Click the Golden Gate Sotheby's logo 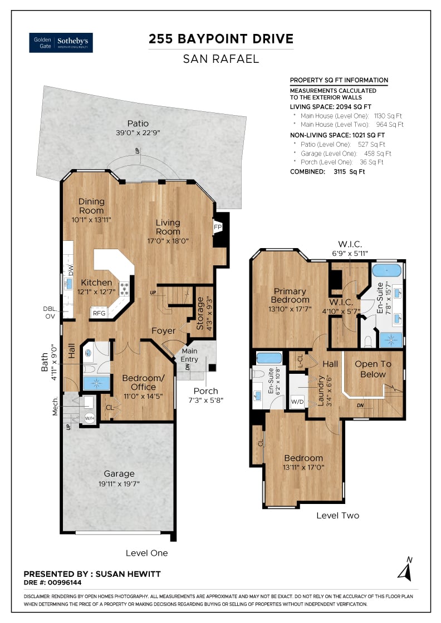(x=61, y=42)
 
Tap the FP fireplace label (x=218, y=228)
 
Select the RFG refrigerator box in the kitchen (x=99, y=313)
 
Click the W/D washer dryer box (x=297, y=402)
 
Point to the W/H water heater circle (x=90, y=418)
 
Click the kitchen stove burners (x=125, y=289)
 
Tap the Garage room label (x=119, y=473)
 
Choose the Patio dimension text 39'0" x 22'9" (x=138, y=133)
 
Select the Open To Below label (x=373, y=369)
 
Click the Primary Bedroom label (x=290, y=295)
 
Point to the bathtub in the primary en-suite (x=386, y=270)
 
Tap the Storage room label (x=200, y=313)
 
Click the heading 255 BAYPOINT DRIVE (x=221, y=39)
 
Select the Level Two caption (x=337, y=515)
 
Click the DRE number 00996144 (x=65, y=582)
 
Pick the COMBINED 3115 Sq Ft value (x=349, y=172)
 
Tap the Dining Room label (x=91, y=206)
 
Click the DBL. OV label (x=50, y=313)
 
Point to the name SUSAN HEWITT (x=128, y=573)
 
